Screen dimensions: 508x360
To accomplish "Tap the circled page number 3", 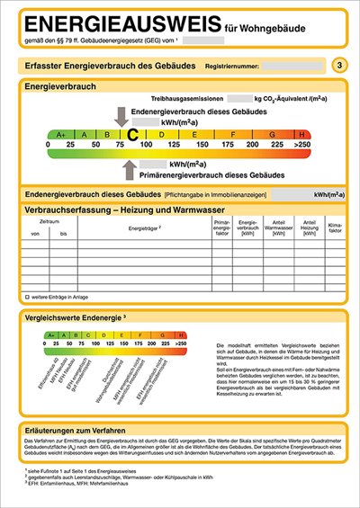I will (x=337, y=65).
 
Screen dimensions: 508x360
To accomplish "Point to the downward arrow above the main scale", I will (x=122, y=115).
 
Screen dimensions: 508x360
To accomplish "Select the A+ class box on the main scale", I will (x=62, y=134).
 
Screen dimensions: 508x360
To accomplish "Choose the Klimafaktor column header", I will (x=335, y=229).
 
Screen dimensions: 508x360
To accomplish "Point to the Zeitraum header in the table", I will (x=50, y=221).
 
